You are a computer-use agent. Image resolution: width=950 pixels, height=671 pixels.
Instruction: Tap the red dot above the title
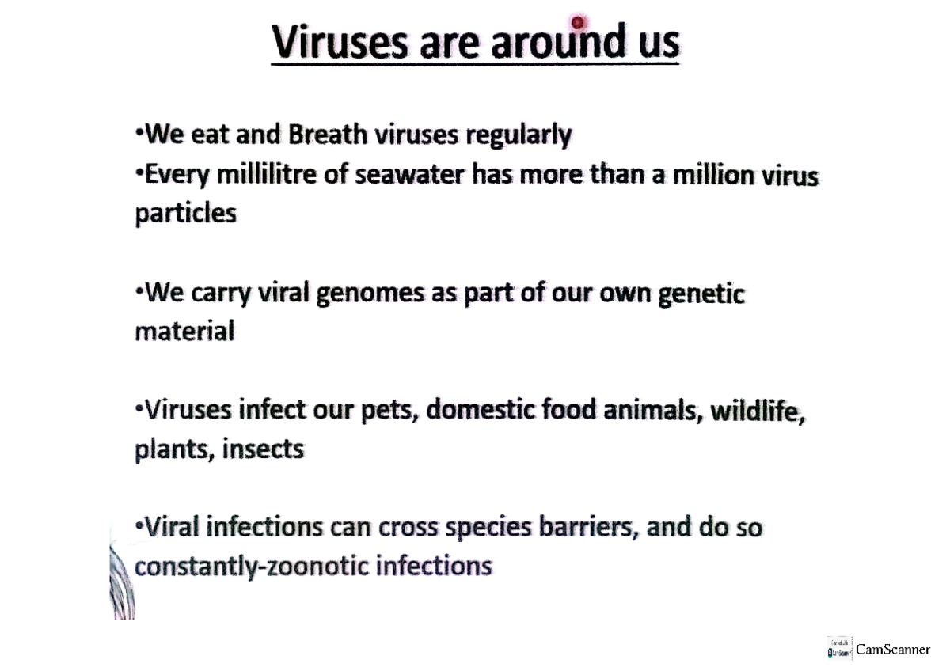click(x=578, y=22)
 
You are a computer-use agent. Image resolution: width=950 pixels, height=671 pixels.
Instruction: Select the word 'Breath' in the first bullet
click(x=328, y=135)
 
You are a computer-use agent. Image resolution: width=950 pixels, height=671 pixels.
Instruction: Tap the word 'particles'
click(x=185, y=214)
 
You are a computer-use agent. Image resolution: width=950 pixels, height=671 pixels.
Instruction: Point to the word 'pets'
click(x=387, y=411)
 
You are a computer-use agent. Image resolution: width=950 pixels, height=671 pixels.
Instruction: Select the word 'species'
click(x=471, y=528)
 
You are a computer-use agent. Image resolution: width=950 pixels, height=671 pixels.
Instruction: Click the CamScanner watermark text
click(x=893, y=650)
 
